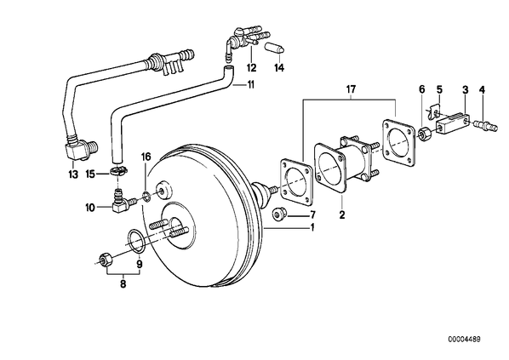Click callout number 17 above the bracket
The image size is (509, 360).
[x=351, y=89]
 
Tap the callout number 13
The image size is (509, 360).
[x=73, y=174]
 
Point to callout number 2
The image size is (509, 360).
[x=342, y=214]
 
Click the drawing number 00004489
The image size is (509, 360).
[x=465, y=340]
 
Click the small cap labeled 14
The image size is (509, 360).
[x=276, y=49]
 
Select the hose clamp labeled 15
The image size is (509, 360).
[x=119, y=170]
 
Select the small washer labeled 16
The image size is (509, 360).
[x=146, y=197]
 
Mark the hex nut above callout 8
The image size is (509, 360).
[x=105, y=259]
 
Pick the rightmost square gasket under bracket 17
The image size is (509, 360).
[x=399, y=143]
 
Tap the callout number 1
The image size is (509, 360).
[x=312, y=227]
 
